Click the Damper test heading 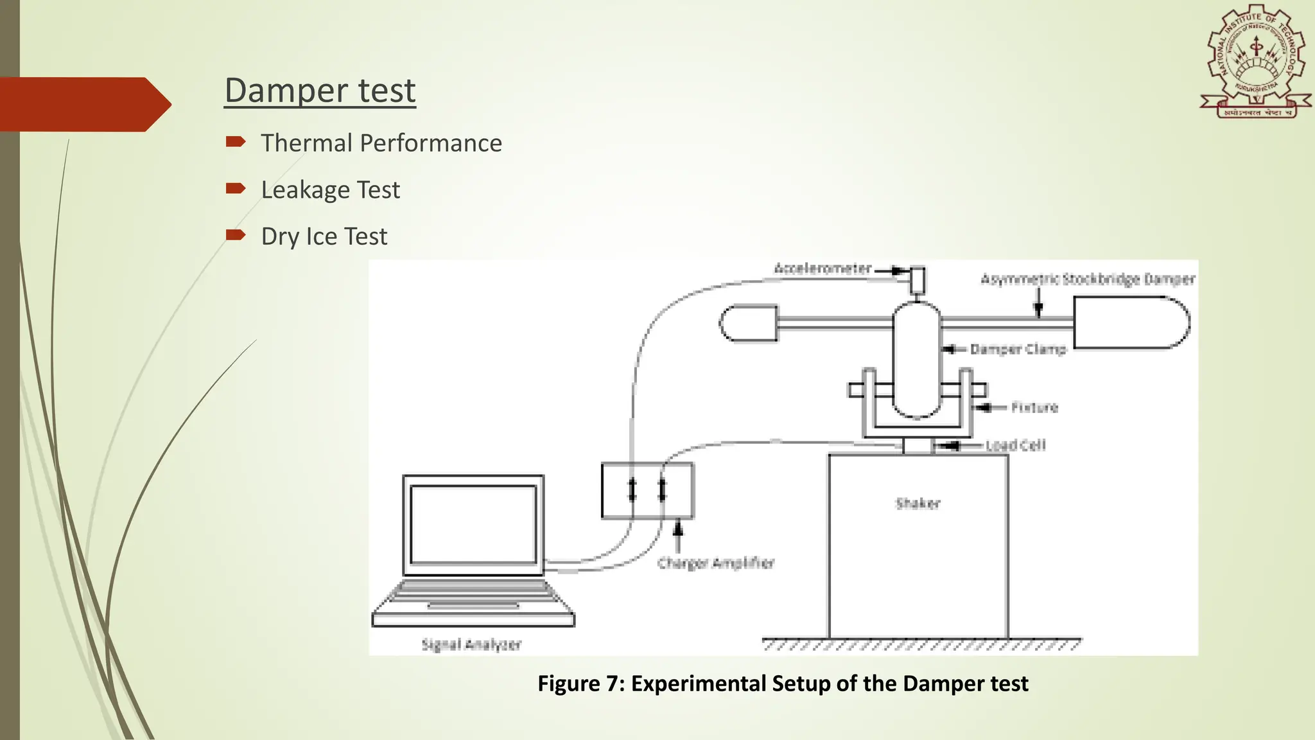click(320, 91)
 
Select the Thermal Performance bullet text click(381, 143)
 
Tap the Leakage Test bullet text click(330, 190)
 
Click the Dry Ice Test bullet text click(324, 237)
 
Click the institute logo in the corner click(1255, 63)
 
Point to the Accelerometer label click(822, 269)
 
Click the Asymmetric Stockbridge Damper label click(1087, 279)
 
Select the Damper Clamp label click(1018, 349)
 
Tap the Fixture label click(1034, 407)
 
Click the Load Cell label click(1016, 445)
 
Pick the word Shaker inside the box click(918, 504)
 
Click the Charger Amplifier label click(715, 563)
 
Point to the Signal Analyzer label click(471, 644)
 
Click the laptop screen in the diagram click(473, 524)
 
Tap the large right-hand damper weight click(1130, 322)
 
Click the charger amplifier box click(647, 490)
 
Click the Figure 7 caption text click(782, 683)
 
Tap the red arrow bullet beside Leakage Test click(235, 189)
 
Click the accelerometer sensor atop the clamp click(917, 280)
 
